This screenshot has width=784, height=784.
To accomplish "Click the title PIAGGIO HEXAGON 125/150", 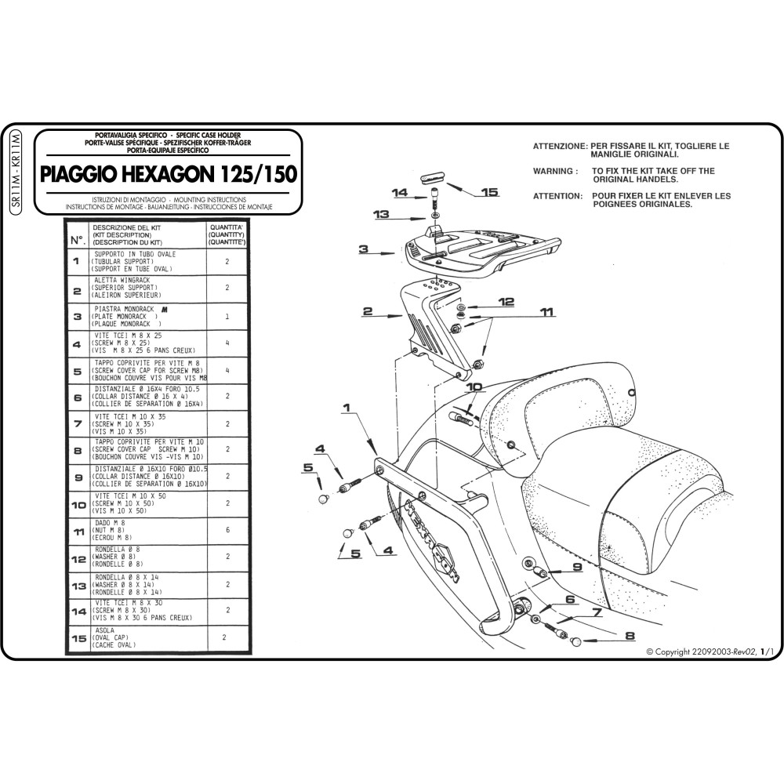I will point(169,173).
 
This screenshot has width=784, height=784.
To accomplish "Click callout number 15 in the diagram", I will point(489,191).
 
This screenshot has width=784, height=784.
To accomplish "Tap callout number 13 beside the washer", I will point(381,214).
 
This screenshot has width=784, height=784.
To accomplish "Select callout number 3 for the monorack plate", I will point(363,250).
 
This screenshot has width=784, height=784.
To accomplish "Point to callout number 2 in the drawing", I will point(366,312).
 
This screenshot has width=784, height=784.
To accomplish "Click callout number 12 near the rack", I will point(505,301).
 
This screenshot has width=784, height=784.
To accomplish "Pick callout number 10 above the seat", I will point(474,387).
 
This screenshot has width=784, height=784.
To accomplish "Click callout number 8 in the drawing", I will point(630,636).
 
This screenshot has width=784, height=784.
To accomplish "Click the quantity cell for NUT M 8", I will point(227,530).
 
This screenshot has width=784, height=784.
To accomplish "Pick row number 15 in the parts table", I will point(78,639).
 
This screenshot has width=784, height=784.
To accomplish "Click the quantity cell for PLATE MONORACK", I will point(227,317).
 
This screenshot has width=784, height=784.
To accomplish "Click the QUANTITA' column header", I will point(227,234).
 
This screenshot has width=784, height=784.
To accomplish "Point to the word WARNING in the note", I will point(555,170).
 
